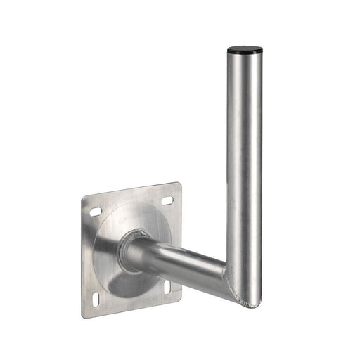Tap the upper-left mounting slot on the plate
click(95, 211)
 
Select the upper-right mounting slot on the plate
click(167, 200)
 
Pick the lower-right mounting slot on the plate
click(168, 288)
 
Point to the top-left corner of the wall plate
click(83, 199)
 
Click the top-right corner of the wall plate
click(178, 185)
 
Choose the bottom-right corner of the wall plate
click(180, 300)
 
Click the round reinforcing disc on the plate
click(120, 274)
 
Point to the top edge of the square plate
click(130, 191)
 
